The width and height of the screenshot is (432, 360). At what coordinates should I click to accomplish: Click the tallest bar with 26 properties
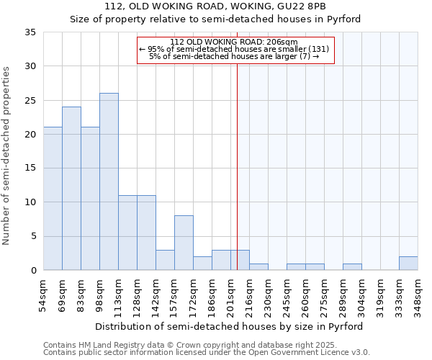coord(109,181)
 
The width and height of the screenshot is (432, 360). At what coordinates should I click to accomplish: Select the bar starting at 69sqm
coord(71,189)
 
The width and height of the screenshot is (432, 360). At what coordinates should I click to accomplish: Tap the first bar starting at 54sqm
coord(53,199)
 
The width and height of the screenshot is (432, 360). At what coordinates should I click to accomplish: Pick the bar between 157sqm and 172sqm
coord(184,243)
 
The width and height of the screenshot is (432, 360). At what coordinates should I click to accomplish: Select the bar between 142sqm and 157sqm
coord(165,260)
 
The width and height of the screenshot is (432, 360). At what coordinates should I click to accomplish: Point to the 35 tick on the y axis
coord(30,32)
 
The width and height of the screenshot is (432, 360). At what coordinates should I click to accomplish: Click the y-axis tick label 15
coord(30,168)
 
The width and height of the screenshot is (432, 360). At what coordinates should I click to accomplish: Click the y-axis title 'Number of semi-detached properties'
coord(7,156)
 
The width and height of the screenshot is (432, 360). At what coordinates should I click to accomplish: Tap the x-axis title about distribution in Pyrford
coord(229,326)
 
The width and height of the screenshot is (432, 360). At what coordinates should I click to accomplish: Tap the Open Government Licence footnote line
coord(207,353)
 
